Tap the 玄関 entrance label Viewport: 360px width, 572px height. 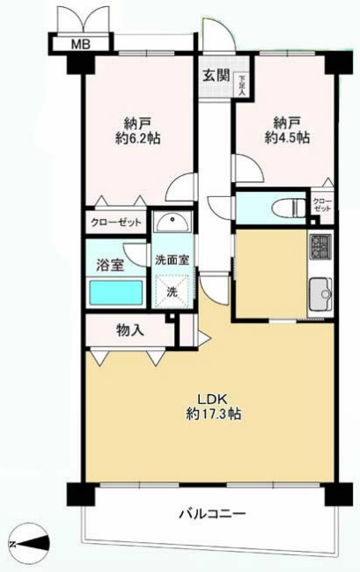pyautogui.click(x=216, y=75)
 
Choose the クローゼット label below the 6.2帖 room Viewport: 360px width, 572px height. pyautogui.click(x=115, y=224)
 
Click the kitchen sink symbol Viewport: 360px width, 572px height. pyautogui.click(x=319, y=290)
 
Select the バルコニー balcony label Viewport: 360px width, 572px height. pyautogui.click(x=210, y=512)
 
